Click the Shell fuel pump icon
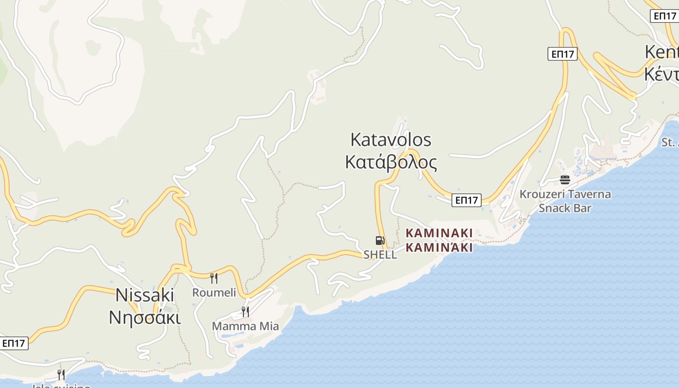[380, 240]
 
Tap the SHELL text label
[380, 255]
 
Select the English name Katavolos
[390, 140]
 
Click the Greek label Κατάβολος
[391, 162]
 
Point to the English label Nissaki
[145, 295]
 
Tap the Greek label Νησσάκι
[145, 317]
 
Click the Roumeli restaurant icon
[213, 278]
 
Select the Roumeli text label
[214, 292]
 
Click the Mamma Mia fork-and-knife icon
[245, 311]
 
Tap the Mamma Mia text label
[245, 326]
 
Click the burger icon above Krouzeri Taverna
[565, 180]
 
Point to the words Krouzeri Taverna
[565, 194]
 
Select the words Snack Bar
[565, 208]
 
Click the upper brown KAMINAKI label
[439, 233]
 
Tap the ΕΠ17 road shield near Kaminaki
[466, 200]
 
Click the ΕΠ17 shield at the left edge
[14, 343]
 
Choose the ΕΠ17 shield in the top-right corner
[664, 16]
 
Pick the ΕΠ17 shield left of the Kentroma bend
[563, 54]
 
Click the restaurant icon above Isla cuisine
[61, 374]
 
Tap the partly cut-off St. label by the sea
[670, 143]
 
